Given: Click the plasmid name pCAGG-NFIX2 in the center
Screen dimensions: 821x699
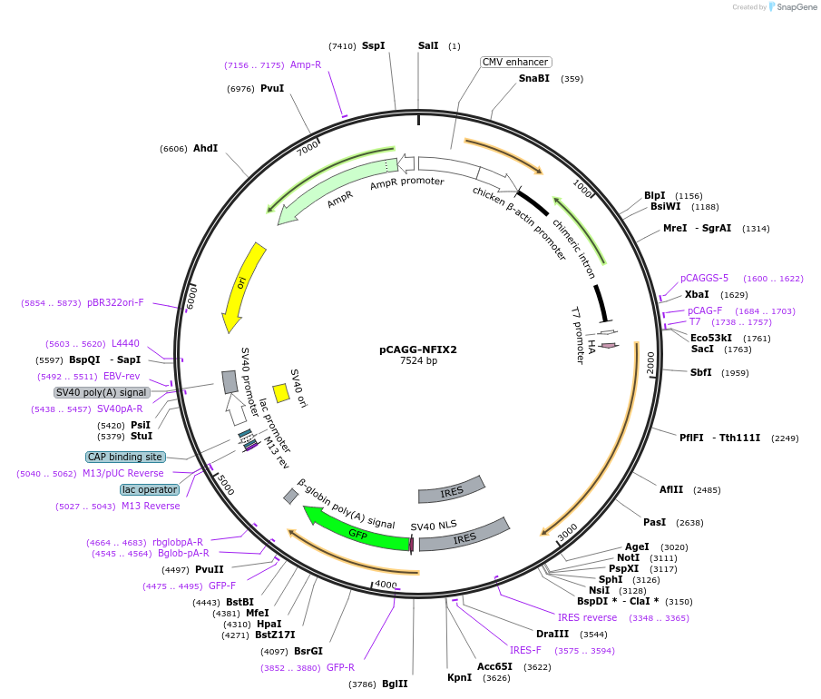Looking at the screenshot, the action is (x=417, y=349).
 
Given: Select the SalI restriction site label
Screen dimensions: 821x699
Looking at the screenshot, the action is (x=428, y=45).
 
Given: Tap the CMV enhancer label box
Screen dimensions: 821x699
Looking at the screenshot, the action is (x=515, y=63).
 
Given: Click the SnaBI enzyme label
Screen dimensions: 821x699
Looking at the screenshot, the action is (x=534, y=79).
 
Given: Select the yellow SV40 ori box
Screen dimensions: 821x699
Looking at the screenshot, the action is (x=281, y=392).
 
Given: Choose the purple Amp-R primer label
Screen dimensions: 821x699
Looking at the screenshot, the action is (x=306, y=65).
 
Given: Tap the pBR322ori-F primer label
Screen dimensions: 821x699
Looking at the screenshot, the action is (x=115, y=302).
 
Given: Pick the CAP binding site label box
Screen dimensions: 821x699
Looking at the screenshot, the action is (x=126, y=457).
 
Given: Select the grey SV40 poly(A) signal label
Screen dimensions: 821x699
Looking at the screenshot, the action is (x=102, y=393).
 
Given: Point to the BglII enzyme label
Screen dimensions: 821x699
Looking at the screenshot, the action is (x=395, y=684).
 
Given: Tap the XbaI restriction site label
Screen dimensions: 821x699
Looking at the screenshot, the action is (x=697, y=295).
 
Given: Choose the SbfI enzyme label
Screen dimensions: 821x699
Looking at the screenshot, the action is (x=701, y=372).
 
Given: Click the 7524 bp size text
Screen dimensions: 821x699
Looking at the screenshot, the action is (x=418, y=361).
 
